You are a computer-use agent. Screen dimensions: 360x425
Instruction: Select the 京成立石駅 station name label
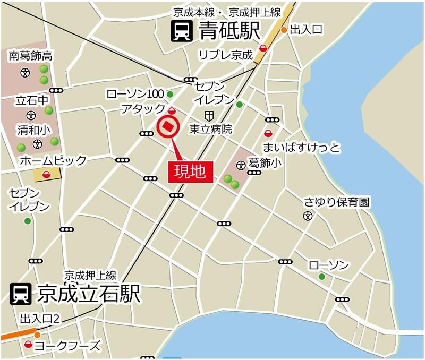point(89,294)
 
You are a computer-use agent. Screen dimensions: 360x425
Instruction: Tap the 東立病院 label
point(211,128)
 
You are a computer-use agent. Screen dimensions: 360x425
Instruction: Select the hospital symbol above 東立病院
point(210,115)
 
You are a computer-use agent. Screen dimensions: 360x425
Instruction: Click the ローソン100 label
point(135,94)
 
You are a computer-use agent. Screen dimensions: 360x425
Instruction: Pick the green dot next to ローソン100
point(170,95)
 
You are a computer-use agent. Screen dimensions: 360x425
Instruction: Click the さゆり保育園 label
point(336,202)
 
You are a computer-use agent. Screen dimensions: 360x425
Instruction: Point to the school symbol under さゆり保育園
point(307,216)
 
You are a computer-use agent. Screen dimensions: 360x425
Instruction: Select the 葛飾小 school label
point(265,162)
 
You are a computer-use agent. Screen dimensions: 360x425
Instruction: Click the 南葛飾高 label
point(31,55)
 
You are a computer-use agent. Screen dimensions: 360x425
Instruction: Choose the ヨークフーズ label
point(67,347)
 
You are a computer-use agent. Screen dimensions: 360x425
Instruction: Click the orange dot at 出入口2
point(37,335)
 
